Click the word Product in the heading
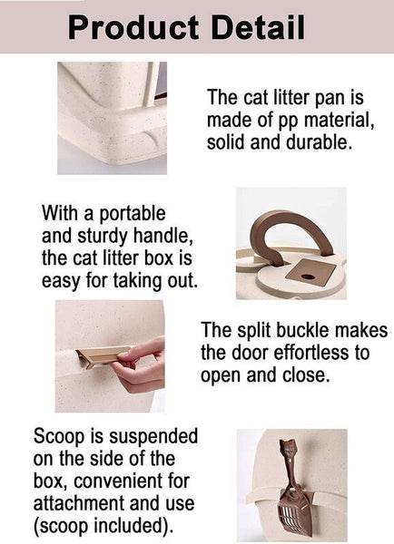pos(133,28)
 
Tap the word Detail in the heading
pos(258,28)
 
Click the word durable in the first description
pos(319,142)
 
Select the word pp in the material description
pos(290,122)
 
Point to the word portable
pos(133,214)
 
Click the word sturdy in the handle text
pos(103,237)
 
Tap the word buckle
pos(300,330)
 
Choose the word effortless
pos(312,353)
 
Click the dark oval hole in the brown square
pos(307,277)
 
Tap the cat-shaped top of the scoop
pos(287,448)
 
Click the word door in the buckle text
pos(251,353)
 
